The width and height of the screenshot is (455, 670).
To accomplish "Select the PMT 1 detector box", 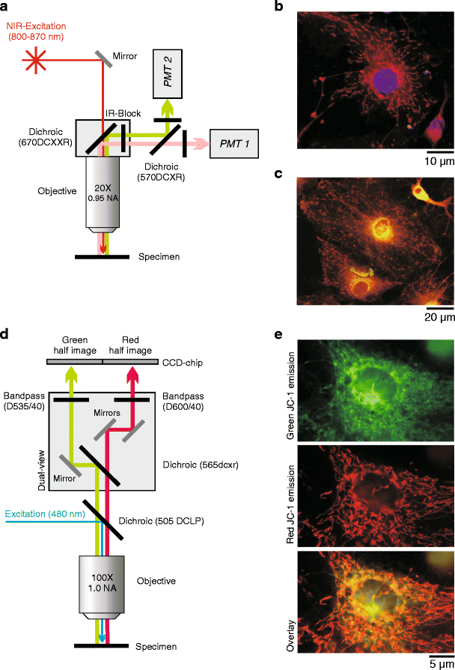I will point(236,141).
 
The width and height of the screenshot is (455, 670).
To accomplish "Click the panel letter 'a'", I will point(6,7).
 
